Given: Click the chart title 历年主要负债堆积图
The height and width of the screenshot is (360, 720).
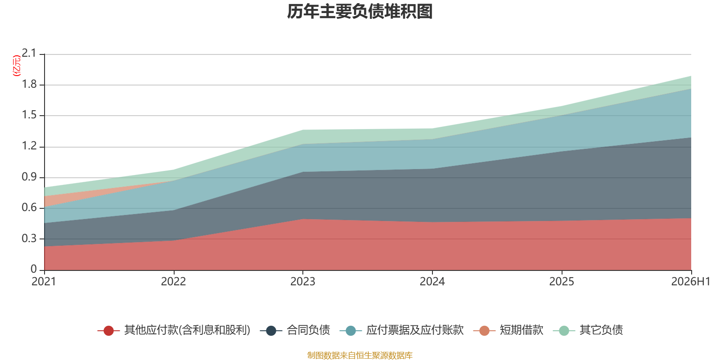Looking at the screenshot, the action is click(360, 12).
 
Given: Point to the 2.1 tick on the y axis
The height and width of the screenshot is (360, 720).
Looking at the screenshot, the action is click(29, 53).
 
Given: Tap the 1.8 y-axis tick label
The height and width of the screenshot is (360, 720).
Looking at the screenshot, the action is click(29, 84).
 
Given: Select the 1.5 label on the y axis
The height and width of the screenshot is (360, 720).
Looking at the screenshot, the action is click(29, 115).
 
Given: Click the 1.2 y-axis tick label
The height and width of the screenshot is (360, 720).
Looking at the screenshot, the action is click(29, 146).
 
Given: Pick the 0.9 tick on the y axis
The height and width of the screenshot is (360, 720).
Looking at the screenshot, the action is click(29, 177).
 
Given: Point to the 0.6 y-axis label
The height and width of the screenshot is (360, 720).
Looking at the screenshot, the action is click(29, 207).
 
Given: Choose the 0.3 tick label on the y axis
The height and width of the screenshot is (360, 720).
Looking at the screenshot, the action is click(29, 238).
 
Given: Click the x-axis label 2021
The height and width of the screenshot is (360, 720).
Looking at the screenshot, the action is click(44, 282).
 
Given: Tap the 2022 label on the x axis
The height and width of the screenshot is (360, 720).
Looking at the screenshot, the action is click(174, 282).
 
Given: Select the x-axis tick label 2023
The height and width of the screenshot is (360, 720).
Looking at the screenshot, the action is click(303, 282).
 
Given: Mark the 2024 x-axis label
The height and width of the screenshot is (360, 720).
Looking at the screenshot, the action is click(432, 282).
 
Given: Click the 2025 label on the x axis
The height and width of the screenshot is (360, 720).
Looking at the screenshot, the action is click(562, 282).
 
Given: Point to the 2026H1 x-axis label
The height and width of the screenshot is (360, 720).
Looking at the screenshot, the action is click(691, 282).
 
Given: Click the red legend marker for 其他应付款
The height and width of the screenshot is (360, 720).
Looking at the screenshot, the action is click(108, 330).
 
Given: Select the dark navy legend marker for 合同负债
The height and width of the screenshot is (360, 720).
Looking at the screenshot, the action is click(271, 330).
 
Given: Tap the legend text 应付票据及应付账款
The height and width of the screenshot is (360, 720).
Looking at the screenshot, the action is click(415, 330).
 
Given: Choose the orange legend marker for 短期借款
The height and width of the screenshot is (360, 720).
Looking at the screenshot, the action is click(484, 330).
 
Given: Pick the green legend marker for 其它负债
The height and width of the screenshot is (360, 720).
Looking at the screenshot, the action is click(564, 330).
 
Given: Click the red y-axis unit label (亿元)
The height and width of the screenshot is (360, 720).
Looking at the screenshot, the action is click(16, 66).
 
